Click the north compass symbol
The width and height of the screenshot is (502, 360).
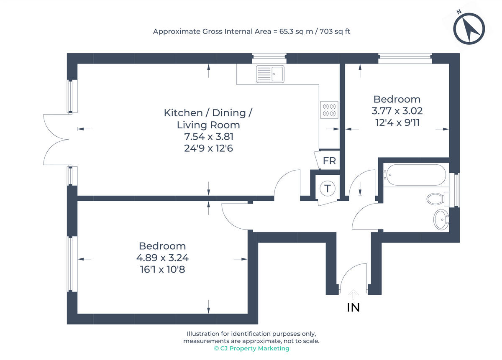click(469, 29)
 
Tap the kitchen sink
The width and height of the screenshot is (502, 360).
click(270, 74)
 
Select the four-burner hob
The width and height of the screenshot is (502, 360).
click(329, 109)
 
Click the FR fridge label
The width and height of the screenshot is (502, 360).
click(329, 161)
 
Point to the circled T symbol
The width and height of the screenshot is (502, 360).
click(328, 189)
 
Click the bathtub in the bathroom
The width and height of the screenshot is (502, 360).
click(416, 175)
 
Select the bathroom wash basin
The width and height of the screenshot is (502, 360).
click(441, 219)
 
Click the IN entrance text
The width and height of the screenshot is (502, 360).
click(353, 307)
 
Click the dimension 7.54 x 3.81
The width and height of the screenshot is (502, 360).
click(208, 136)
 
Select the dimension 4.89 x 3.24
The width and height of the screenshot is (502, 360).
click(162, 258)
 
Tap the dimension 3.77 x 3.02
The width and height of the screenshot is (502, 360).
click(397, 111)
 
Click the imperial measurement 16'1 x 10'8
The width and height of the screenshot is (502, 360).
click(162, 270)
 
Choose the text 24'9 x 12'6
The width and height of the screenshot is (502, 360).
click(208, 148)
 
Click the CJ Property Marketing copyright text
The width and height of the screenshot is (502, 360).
click(251, 348)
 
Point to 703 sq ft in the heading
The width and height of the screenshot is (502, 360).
click(335, 31)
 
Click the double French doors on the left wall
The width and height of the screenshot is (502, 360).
click(56, 140)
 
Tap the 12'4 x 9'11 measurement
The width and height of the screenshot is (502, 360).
click(397, 123)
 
